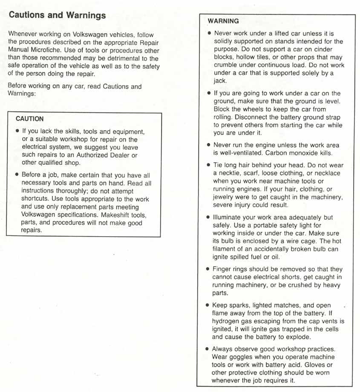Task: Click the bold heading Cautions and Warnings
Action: point(57,16)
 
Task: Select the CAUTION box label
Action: point(29,119)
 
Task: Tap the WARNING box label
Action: point(223,21)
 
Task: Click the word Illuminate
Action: point(230,217)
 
